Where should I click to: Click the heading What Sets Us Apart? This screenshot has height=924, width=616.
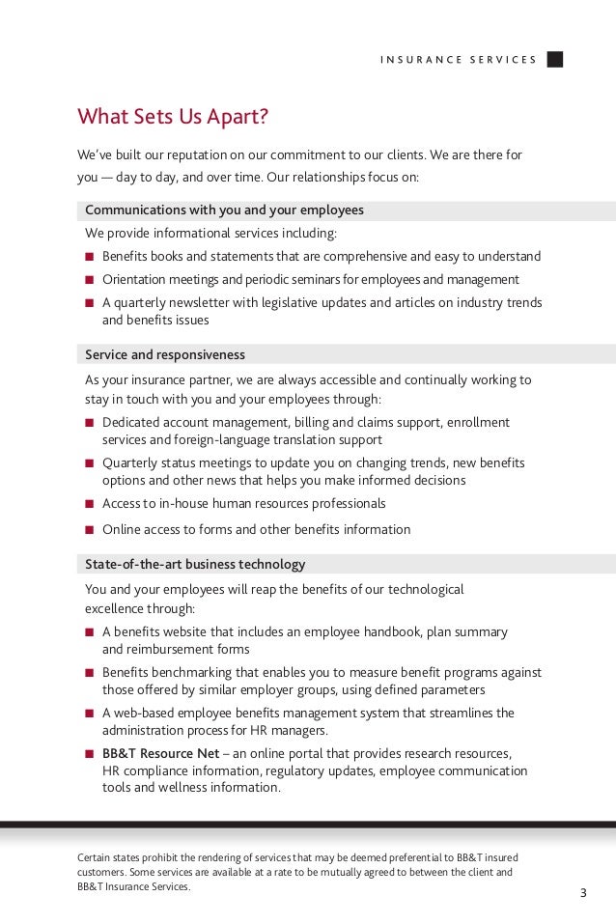tap(172, 118)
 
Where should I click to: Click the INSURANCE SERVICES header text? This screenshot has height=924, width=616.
tap(458, 60)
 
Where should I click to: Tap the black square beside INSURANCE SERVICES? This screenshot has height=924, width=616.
tap(554, 59)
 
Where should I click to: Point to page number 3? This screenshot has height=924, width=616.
tap(582, 892)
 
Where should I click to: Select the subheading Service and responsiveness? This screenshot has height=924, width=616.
tap(165, 354)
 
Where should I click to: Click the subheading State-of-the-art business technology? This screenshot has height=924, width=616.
tap(195, 564)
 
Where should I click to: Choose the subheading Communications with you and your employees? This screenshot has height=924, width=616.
tap(224, 210)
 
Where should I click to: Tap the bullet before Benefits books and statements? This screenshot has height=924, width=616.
tap(90, 257)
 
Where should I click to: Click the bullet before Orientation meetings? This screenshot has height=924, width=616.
tap(90, 280)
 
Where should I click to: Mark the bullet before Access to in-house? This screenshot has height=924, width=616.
tap(90, 504)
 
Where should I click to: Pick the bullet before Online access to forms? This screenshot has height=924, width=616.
tap(90, 530)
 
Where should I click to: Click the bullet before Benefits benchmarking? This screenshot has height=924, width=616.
tap(90, 673)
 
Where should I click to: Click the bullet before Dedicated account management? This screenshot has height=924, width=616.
tap(90, 423)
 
